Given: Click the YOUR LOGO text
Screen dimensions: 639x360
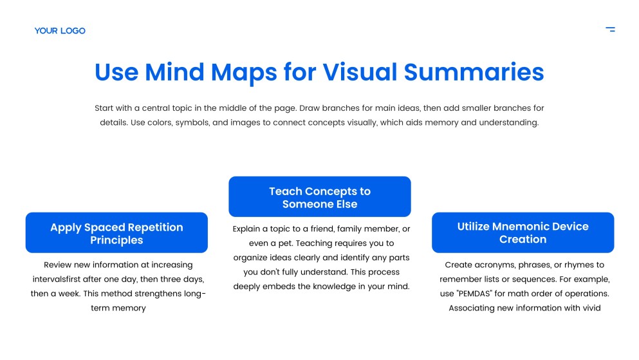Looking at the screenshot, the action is pyautogui.click(x=60, y=30).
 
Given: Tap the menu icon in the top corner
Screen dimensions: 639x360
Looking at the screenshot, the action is pyautogui.click(x=610, y=29).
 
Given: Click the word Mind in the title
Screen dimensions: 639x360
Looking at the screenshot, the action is pyautogui.click(x=174, y=72).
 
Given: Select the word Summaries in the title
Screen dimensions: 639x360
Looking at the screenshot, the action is pyautogui.click(x=474, y=72).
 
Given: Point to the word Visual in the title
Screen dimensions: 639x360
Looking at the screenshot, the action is pyautogui.click(x=360, y=72).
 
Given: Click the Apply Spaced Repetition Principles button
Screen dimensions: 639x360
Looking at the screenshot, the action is pyautogui.click(x=116, y=232).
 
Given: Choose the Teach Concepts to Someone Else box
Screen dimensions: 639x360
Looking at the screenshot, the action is pyautogui.click(x=319, y=196).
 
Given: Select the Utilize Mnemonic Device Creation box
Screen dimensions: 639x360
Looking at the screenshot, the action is pyautogui.click(x=523, y=232).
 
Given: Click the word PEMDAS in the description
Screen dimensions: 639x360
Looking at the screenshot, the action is pyautogui.click(x=475, y=294).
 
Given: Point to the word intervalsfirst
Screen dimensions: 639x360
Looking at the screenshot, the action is pyautogui.click(x=56, y=279).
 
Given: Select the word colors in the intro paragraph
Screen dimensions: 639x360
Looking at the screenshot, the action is pyautogui.click(x=160, y=123).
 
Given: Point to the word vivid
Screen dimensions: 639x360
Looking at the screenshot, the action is pyautogui.click(x=591, y=308).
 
